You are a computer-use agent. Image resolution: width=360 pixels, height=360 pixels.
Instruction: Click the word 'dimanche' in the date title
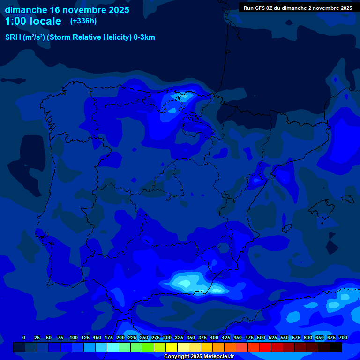pos(26,10)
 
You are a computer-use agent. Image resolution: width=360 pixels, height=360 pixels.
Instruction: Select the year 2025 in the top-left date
pos(115,10)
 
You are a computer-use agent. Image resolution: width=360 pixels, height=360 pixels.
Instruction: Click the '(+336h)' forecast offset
pos(83,21)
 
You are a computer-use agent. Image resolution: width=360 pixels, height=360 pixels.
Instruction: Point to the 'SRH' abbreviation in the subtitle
pos(13,37)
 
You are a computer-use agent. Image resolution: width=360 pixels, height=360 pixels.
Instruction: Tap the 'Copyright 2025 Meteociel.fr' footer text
pos(199,357)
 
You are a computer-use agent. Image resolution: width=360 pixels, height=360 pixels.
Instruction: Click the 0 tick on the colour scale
pos(24,337)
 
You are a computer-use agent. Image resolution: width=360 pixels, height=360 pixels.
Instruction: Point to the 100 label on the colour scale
pos(74,337)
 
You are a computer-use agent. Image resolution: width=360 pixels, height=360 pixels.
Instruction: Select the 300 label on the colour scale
pos(167,337)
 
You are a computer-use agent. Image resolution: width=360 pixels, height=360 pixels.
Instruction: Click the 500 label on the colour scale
pos(261,337)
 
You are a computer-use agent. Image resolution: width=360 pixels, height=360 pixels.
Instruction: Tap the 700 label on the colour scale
pos(343,337)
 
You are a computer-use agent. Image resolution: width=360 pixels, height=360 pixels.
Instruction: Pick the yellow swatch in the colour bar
pos(172,347)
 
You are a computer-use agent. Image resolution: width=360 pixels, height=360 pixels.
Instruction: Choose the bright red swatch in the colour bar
pos(265,347)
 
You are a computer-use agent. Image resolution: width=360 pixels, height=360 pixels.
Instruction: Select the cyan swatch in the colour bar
pos(101,347)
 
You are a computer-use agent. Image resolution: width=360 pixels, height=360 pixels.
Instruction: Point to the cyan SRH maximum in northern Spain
pos(180,97)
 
